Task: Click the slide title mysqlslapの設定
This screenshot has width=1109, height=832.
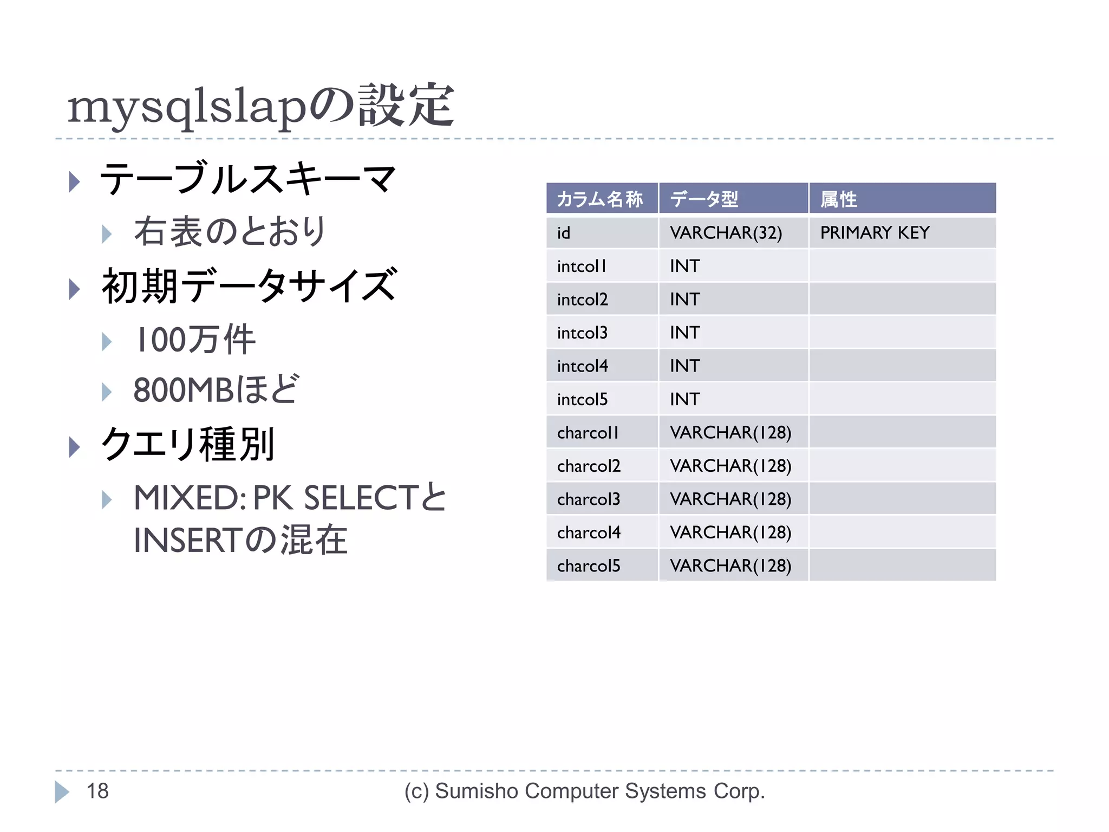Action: [x=260, y=106]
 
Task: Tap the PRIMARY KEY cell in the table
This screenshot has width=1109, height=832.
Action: [x=874, y=233]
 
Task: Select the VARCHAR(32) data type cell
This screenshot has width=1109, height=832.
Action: [x=726, y=233]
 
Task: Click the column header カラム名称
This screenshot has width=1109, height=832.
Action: [x=600, y=199]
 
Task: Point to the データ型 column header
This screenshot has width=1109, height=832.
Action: [x=704, y=199]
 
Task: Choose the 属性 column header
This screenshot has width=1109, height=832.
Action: [x=838, y=199]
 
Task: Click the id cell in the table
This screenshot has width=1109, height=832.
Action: [x=564, y=233]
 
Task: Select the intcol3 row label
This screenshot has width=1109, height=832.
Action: [x=582, y=333]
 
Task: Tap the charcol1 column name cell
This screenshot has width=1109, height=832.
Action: [x=588, y=433]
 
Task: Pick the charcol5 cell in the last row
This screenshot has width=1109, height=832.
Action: [x=589, y=566]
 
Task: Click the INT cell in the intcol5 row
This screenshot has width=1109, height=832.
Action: [x=684, y=399]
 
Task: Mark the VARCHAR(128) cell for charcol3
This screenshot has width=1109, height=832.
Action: [x=730, y=499]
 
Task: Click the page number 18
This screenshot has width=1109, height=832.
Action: [x=97, y=791]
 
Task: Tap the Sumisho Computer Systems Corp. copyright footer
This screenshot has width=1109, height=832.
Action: [x=584, y=791]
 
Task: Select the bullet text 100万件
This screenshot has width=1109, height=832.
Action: [x=195, y=340]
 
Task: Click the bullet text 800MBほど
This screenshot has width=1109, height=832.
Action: [x=216, y=389]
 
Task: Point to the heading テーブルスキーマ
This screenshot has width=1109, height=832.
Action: [x=248, y=179]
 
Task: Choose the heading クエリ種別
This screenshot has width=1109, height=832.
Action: [x=188, y=444]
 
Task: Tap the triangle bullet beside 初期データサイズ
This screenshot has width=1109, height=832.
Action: [x=74, y=289]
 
